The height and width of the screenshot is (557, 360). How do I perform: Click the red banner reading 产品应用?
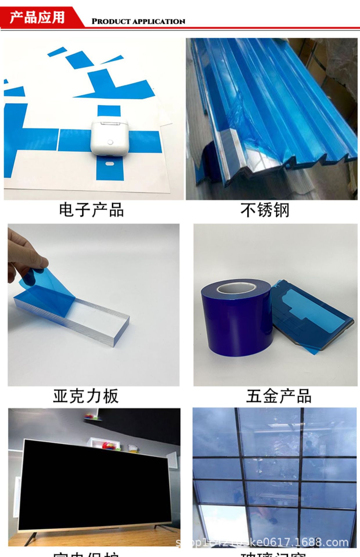click(37, 17)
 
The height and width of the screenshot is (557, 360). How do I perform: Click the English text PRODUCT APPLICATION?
click(138, 21)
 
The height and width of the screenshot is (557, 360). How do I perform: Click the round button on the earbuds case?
click(110, 142)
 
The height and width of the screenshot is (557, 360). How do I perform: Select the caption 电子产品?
click(91, 210)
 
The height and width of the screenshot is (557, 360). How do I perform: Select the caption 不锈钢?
click(265, 210)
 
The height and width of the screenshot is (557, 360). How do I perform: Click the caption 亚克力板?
click(86, 396)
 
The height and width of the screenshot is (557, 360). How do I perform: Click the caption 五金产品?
click(279, 396)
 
